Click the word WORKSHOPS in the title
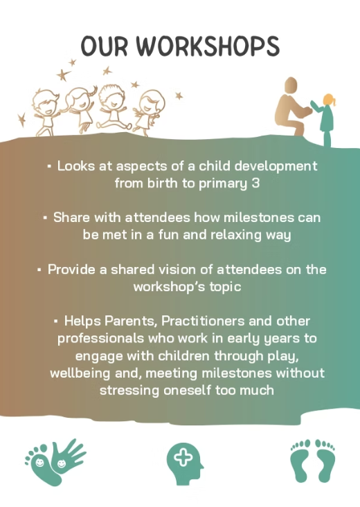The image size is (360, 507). coord(208,46)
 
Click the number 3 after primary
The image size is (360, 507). coord(255,183)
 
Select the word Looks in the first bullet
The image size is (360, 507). coord(76,166)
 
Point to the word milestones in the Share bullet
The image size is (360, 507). coord(258,217)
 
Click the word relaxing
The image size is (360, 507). coord(236,234)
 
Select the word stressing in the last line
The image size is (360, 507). coord(129,390)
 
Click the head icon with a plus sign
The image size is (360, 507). coord(185,463)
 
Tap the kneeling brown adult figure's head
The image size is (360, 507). coord(290,86)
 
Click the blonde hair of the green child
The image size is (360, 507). coord(330,100)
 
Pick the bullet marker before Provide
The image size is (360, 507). coord(39,269)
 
